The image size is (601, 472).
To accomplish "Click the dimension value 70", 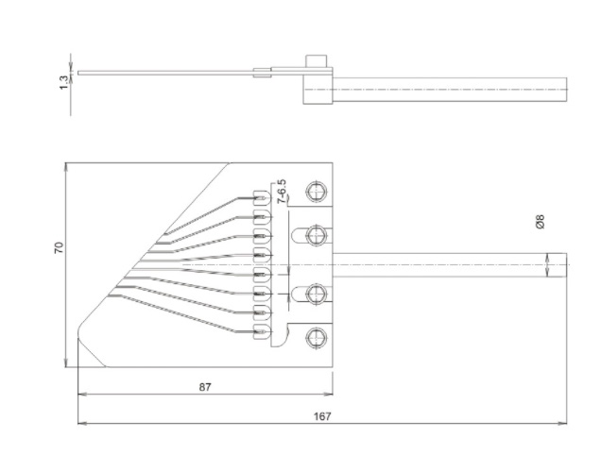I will [59, 248].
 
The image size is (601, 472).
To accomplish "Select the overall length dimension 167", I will [322, 415].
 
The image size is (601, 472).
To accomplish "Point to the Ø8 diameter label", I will [540, 222].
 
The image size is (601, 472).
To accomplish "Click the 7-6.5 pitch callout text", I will [282, 192].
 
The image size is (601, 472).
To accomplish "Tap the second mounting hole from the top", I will [318, 233].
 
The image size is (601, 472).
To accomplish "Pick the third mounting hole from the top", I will [318, 295].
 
